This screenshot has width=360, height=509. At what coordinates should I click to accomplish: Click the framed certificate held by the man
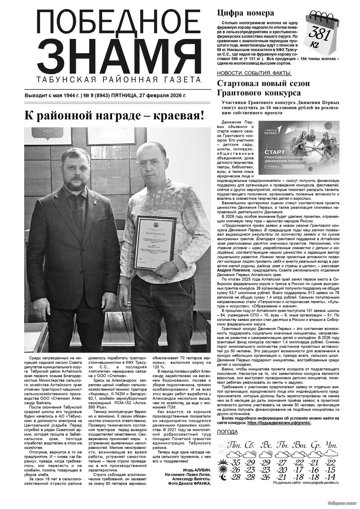(x=155, y=242)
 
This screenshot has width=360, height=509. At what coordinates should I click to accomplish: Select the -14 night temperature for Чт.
(x=330, y=477)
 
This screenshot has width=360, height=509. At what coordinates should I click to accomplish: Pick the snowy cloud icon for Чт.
(x=330, y=454)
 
